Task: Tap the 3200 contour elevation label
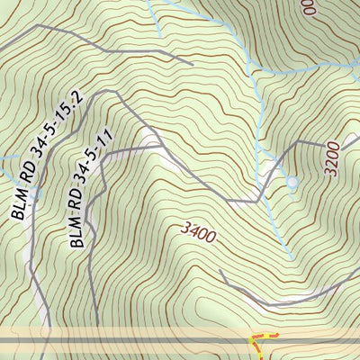coord(332,157)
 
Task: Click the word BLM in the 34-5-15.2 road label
coord(22,206)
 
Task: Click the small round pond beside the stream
coord(292,183)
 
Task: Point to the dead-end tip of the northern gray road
coord(193,64)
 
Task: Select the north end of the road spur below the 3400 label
coord(221,269)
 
